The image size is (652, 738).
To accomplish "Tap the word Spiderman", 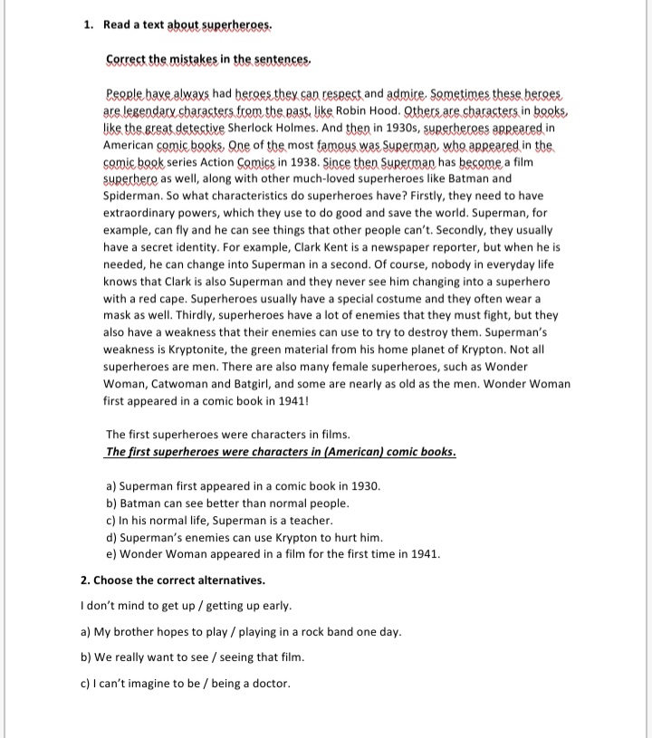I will tap(133, 196).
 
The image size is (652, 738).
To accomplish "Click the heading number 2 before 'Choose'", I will tap(84, 580).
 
